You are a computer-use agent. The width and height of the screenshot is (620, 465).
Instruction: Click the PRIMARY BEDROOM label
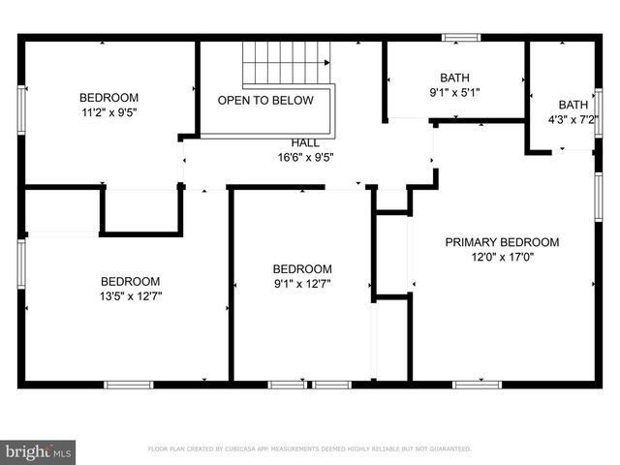(x=502, y=242)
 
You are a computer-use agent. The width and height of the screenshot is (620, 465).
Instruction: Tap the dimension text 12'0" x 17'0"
(x=502, y=257)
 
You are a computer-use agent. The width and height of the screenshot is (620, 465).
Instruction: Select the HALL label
(x=305, y=142)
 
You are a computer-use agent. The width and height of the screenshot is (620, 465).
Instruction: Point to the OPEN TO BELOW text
(x=265, y=101)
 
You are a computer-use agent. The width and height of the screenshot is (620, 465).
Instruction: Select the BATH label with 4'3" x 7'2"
(x=573, y=105)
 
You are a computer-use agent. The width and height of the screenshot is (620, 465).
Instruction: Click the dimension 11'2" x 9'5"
(x=108, y=112)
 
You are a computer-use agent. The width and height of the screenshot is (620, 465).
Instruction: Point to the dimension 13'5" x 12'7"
(x=130, y=295)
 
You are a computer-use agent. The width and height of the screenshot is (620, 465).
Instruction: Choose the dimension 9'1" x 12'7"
(x=301, y=284)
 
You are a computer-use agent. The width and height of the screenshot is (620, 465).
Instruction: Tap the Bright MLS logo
(x=39, y=451)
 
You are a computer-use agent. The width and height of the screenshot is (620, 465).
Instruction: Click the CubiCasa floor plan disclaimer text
(x=309, y=449)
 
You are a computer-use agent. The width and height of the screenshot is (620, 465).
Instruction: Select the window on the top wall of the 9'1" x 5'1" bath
(x=460, y=38)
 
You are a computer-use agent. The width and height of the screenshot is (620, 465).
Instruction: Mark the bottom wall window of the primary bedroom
(x=477, y=385)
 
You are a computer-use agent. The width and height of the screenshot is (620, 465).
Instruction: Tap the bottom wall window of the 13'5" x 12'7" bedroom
(x=128, y=385)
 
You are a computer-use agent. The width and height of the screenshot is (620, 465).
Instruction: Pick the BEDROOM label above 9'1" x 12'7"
(x=301, y=269)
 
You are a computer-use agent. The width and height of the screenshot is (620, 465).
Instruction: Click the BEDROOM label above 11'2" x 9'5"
(x=108, y=98)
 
